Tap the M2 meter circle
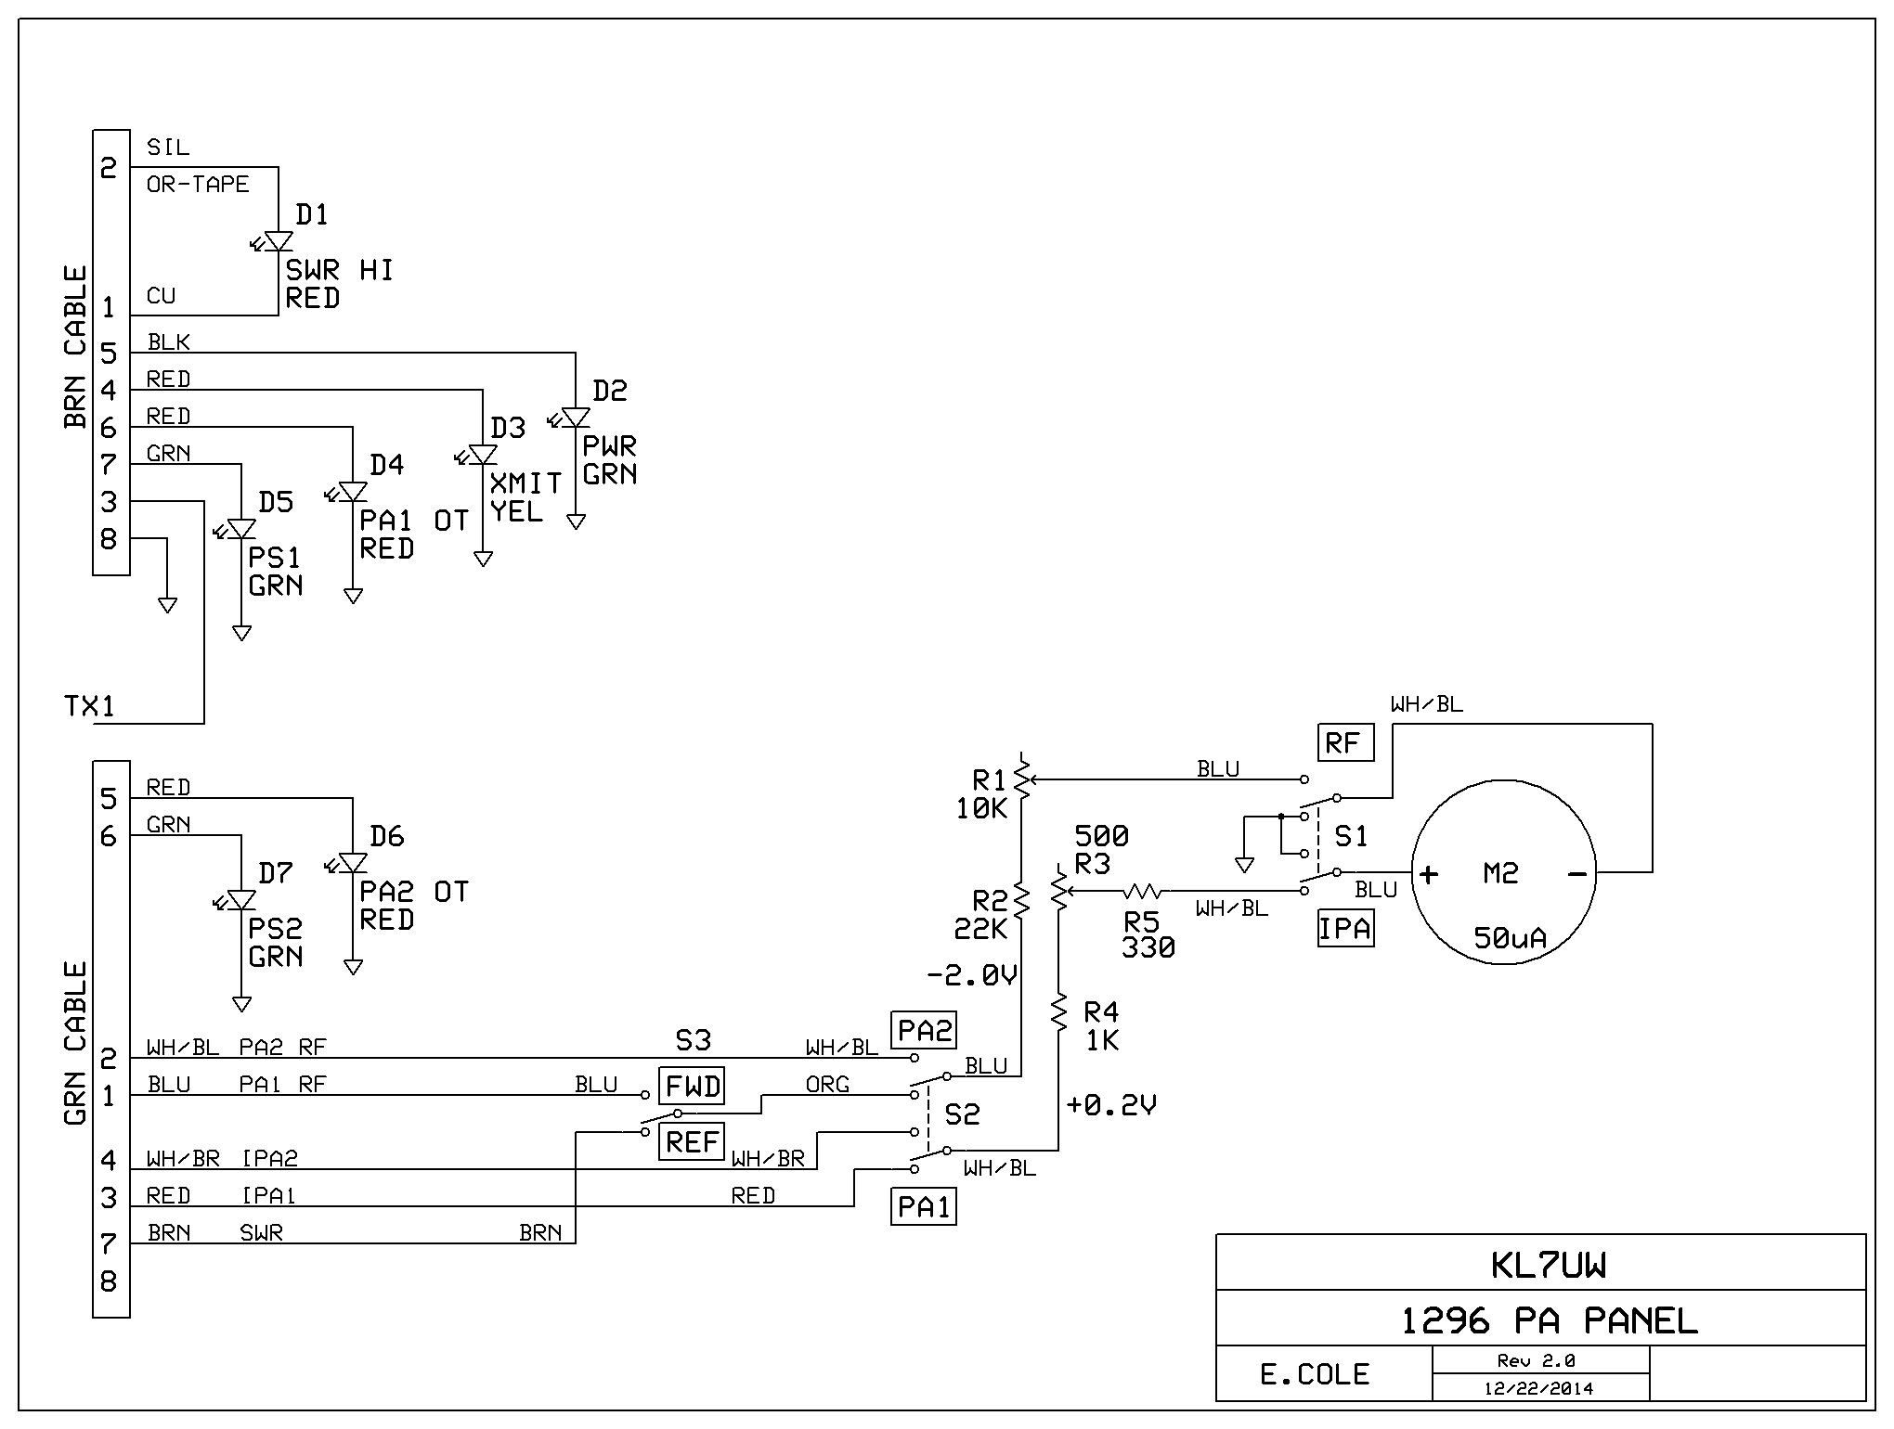pos(1504,872)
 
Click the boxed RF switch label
pos(1344,742)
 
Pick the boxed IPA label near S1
pos(1345,928)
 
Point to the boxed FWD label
pos(694,1086)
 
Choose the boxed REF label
pos(693,1141)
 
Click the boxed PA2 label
pos(924,1030)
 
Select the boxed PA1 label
pos(924,1206)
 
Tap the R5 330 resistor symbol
pos(1142,891)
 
